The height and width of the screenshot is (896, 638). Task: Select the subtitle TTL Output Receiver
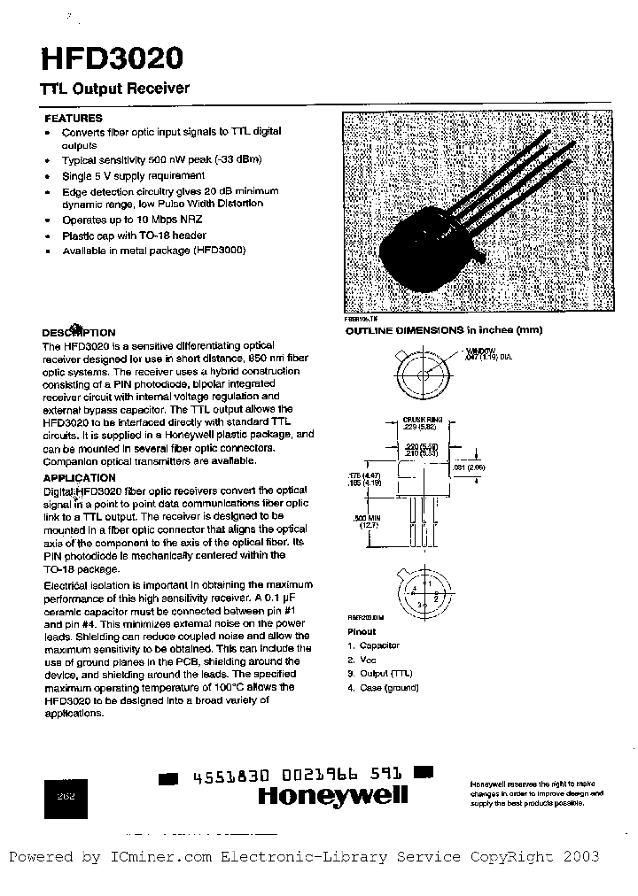114,89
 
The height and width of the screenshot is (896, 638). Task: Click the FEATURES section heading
73,118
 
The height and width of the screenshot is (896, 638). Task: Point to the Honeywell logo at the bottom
332,795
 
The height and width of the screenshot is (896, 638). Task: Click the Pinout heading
361,631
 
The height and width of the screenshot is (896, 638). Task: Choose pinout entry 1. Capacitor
374,646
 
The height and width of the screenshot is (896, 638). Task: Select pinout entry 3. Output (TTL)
382,674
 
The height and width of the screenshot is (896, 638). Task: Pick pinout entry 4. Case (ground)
383,688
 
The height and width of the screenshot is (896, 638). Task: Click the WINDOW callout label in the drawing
481,352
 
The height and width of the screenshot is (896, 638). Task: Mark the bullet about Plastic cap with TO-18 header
134,236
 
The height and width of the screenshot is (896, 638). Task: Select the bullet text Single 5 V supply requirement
132,175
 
